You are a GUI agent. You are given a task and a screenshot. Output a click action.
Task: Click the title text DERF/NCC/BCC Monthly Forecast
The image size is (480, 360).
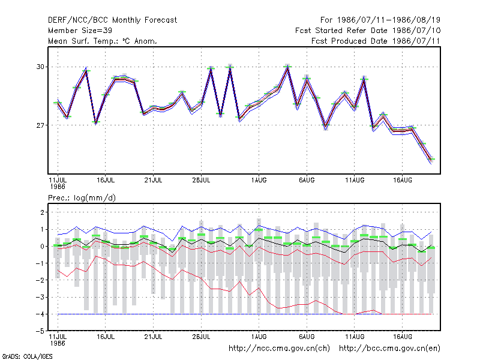click(112, 20)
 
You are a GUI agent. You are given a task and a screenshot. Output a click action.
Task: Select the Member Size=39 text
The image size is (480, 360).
click(80, 31)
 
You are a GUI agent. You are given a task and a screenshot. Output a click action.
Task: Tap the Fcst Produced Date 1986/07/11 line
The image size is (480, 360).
click(376, 41)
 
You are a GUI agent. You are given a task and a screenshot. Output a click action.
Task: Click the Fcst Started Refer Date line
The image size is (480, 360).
click(368, 31)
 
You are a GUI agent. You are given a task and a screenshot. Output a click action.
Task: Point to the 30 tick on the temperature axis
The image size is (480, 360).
click(40, 67)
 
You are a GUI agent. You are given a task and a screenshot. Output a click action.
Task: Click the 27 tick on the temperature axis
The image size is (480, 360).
click(40, 125)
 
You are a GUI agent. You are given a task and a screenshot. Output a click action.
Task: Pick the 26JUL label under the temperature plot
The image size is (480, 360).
click(201, 180)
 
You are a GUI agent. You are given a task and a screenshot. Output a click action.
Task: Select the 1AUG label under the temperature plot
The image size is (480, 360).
click(259, 180)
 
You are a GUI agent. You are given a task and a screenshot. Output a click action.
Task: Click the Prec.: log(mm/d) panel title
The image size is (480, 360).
click(82, 198)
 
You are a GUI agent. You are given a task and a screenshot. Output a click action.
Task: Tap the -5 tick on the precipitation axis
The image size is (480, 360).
click(40, 331)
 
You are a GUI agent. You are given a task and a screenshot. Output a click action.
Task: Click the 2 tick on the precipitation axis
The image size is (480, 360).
click(42, 212)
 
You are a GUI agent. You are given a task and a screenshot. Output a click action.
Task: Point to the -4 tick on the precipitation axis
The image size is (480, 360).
click(40, 314)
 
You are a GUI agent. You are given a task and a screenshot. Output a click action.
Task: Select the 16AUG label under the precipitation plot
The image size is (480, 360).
click(402, 337)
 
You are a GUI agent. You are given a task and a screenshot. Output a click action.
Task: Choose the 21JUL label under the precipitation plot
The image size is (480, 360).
click(153, 337)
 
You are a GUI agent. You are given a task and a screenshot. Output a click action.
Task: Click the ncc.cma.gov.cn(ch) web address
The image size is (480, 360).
click(279, 349)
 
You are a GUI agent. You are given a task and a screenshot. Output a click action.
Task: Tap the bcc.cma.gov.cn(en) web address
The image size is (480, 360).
click(389, 349)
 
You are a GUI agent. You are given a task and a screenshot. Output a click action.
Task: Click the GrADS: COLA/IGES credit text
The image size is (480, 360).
click(27, 356)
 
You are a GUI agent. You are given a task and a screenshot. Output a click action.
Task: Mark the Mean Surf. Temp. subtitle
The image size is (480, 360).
click(103, 41)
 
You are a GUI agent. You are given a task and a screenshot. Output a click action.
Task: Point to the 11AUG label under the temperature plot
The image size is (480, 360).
click(355, 180)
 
